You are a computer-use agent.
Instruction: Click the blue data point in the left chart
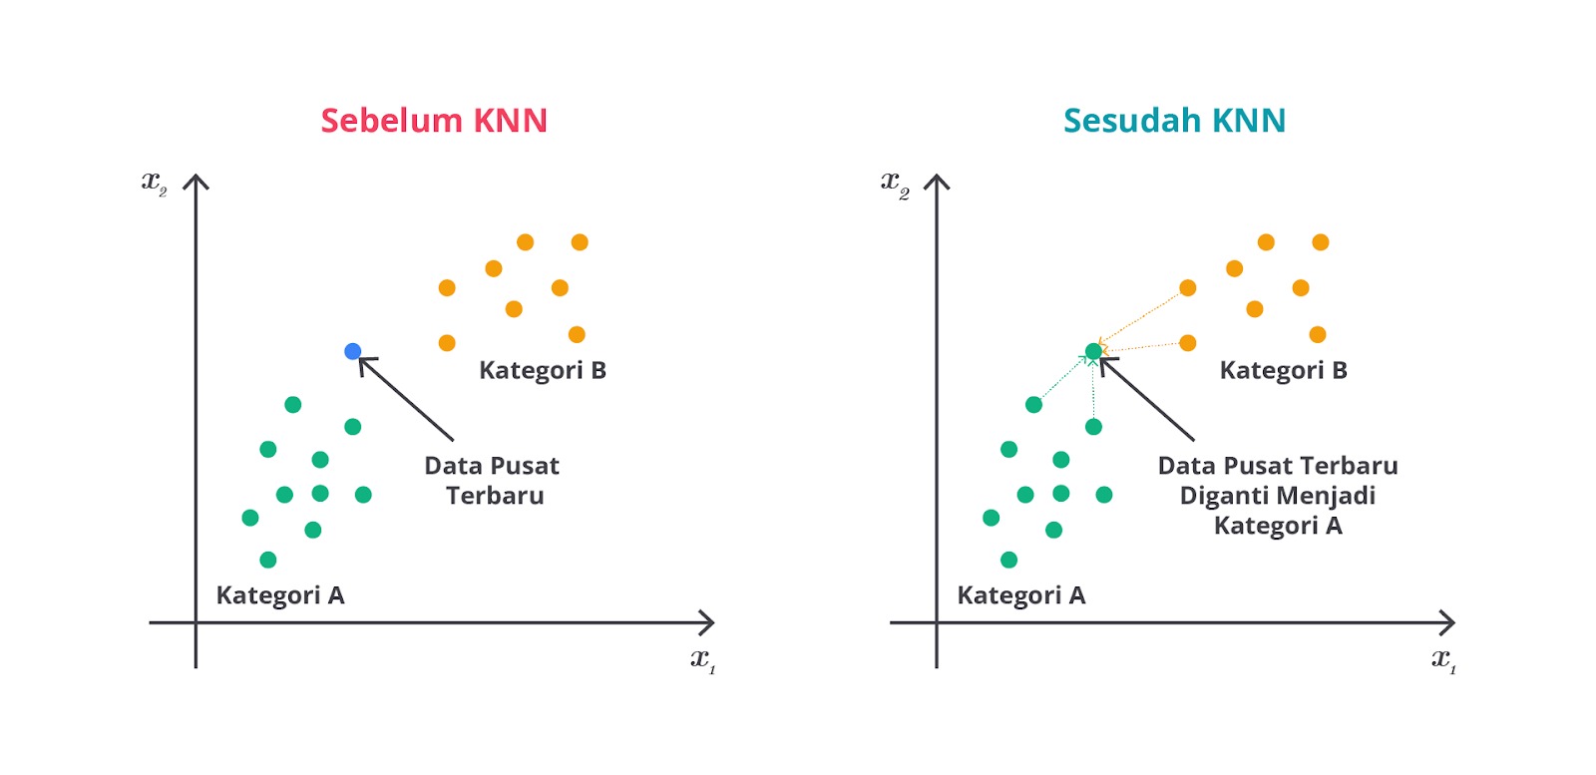353,351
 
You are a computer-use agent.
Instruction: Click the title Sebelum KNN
434,121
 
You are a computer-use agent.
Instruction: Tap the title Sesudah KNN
1174,121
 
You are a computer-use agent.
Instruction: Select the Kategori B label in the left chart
543,370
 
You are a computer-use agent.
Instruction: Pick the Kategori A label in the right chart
1021,595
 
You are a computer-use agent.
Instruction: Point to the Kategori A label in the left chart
280,595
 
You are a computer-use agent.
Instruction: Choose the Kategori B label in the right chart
1283,370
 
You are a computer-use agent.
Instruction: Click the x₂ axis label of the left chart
154,184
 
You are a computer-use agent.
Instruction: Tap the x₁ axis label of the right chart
1444,660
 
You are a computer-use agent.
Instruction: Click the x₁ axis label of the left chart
703,660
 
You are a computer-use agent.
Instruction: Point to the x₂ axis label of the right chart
895,185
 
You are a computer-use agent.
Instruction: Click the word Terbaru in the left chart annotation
495,496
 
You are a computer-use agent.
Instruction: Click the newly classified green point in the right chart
1093,351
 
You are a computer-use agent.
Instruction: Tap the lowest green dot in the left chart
268,560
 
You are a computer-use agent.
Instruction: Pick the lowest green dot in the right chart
1008,560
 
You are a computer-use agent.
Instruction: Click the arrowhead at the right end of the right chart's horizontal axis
1452,622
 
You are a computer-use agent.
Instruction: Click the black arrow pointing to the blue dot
405,398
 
